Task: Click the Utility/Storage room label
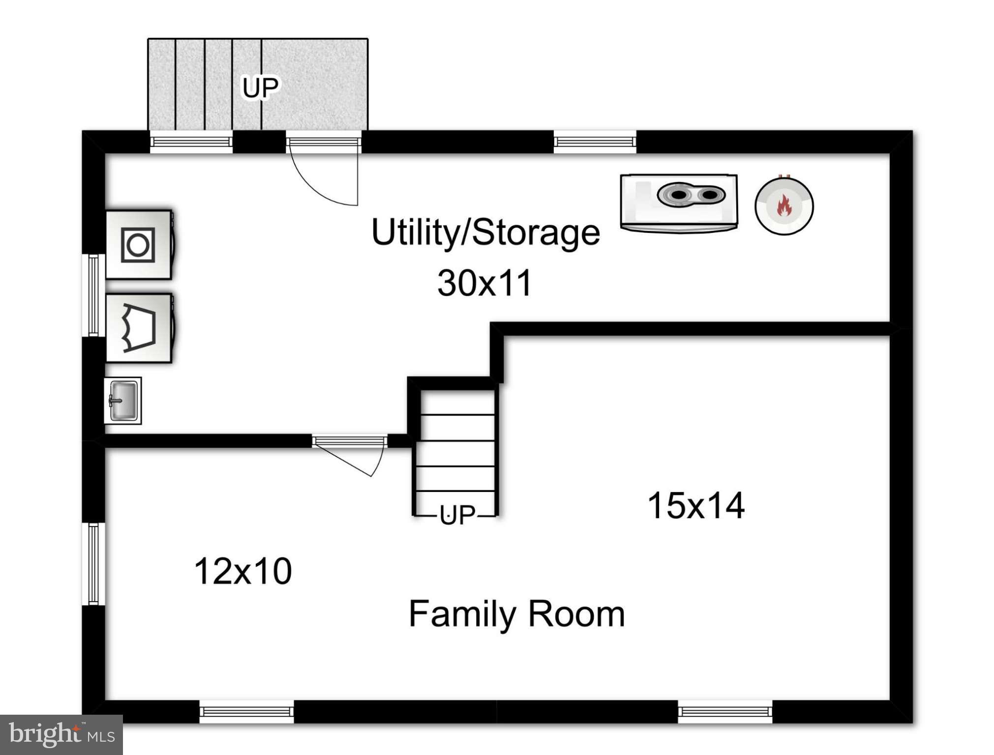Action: pyautogui.click(x=485, y=232)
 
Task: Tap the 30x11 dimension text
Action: pyautogui.click(x=484, y=283)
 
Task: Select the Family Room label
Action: pyautogui.click(x=516, y=614)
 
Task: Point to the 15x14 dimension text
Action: pyautogui.click(x=695, y=505)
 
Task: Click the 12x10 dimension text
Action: pyautogui.click(x=243, y=571)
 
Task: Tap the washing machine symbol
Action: pyautogui.click(x=139, y=245)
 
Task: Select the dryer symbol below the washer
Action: pyautogui.click(x=139, y=328)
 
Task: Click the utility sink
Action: pyautogui.click(x=123, y=401)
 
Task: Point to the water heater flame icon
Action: pyautogui.click(x=784, y=206)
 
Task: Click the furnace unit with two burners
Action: pyautogui.click(x=679, y=203)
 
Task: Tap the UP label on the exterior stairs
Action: pyautogui.click(x=260, y=87)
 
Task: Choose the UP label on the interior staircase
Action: pyautogui.click(x=457, y=515)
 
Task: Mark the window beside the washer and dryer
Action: pyautogui.click(x=93, y=295)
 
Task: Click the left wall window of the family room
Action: pyautogui.click(x=93, y=564)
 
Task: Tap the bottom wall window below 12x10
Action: pyautogui.click(x=246, y=711)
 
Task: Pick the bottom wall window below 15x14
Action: pyautogui.click(x=725, y=711)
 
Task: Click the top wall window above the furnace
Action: pyautogui.click(x=595, y=142)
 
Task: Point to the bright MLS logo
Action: pyautogui.click(x=61, y=734)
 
